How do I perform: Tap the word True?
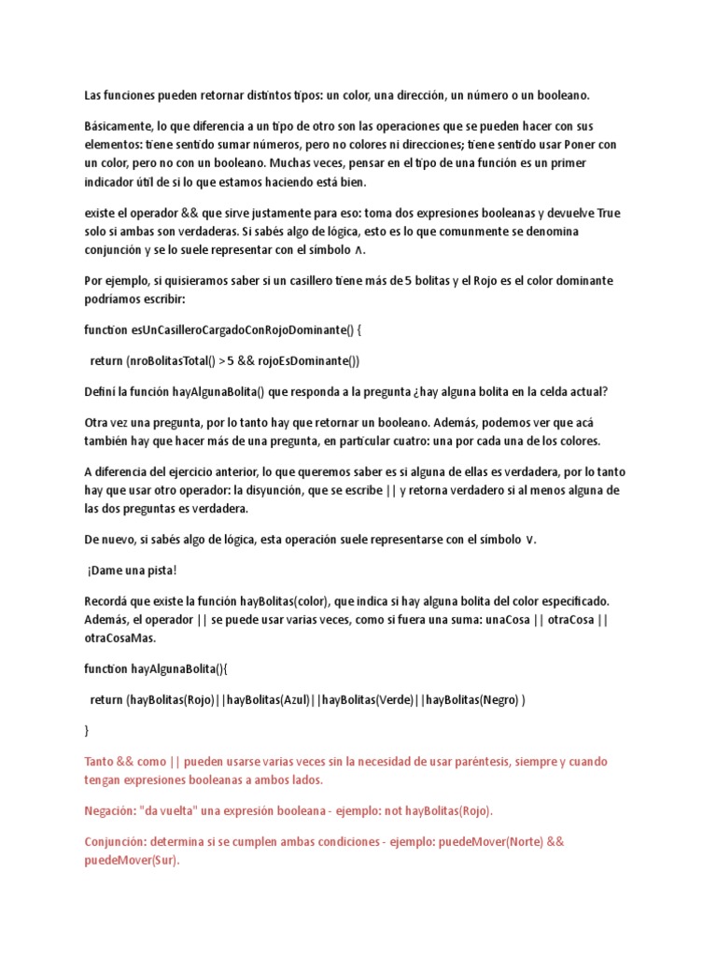point(608,213)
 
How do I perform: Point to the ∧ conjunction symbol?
point(361,250)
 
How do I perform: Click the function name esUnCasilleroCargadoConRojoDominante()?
point(239,330)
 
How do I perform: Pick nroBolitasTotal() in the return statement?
point(171,361)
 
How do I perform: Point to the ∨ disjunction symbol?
point(531,540)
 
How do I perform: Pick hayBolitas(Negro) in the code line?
point(471,699)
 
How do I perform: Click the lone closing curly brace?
point(88,730)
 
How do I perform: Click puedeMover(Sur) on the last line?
point(130,860)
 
